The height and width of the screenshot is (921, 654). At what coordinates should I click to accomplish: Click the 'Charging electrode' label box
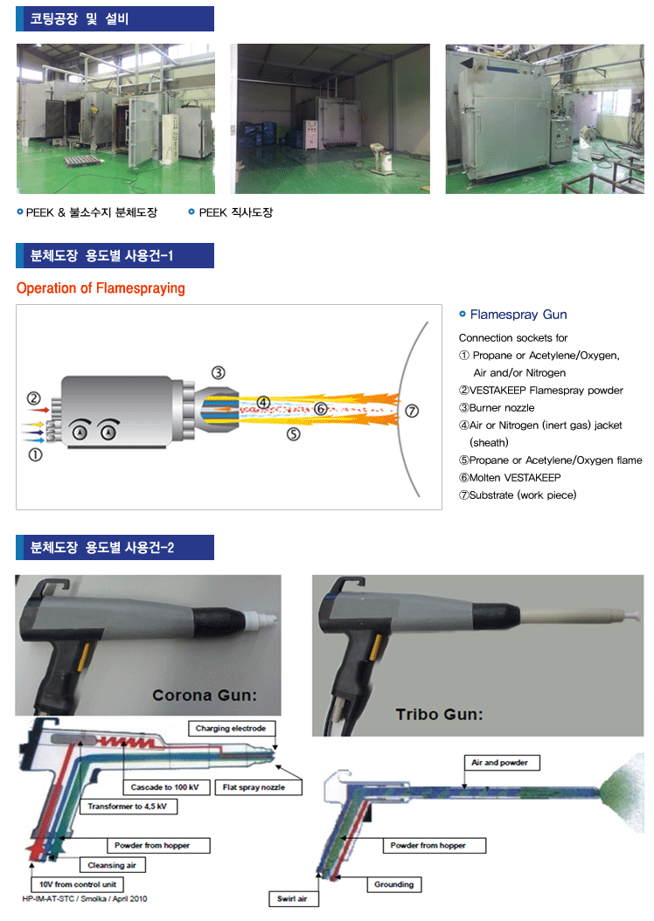click(232, 729)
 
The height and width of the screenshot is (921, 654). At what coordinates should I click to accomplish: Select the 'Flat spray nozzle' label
click(259, 787)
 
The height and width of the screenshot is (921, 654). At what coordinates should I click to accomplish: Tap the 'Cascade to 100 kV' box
click(166, 787)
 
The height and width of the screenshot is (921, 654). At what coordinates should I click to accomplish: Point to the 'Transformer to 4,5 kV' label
click(129, 807)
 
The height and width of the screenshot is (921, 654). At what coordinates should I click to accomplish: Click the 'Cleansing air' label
click(112, 865)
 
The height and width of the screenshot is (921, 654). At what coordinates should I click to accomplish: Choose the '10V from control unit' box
click(78, 884)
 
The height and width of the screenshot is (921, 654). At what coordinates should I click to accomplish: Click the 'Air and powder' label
click(501, 763)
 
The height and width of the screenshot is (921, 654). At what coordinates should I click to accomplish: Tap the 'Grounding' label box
click(394, 884)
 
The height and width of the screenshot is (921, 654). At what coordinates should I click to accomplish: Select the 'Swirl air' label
click(293, 898)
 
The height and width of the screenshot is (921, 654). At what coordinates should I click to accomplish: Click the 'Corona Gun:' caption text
click(205, 696)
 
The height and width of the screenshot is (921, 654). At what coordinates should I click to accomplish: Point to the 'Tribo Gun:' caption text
click(439, 714)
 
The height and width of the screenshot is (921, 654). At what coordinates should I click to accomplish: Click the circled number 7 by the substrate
click(412, 411)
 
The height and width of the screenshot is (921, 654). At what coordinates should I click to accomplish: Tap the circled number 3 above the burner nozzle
click(218, 373)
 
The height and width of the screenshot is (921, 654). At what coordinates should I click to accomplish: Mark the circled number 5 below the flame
click(293, 434)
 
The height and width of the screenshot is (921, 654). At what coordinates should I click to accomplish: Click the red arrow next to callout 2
click(39, 410)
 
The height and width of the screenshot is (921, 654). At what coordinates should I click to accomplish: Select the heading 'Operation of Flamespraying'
click(101, 288)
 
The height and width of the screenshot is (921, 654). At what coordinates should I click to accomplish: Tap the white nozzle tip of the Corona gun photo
click(259, 620)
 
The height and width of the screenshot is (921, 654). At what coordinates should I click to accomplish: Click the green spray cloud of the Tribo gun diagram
click(623, 793)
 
